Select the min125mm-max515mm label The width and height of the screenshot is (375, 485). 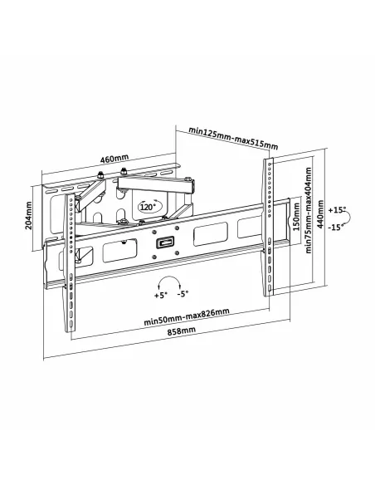pos(232,136)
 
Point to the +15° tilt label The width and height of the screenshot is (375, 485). pos(338,209)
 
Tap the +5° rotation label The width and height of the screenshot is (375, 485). pos(158,295)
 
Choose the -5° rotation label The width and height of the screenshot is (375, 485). pos(183,295)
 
